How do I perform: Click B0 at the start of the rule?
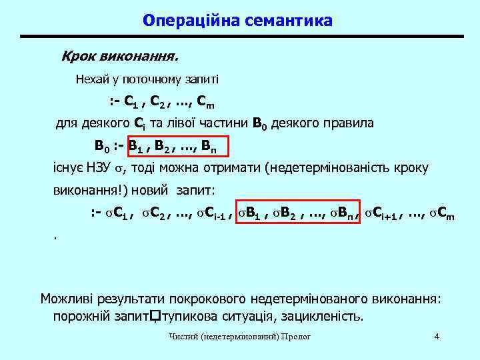(102, 146)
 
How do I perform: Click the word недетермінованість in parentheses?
(333, 168)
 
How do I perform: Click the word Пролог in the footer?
(297, 337)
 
